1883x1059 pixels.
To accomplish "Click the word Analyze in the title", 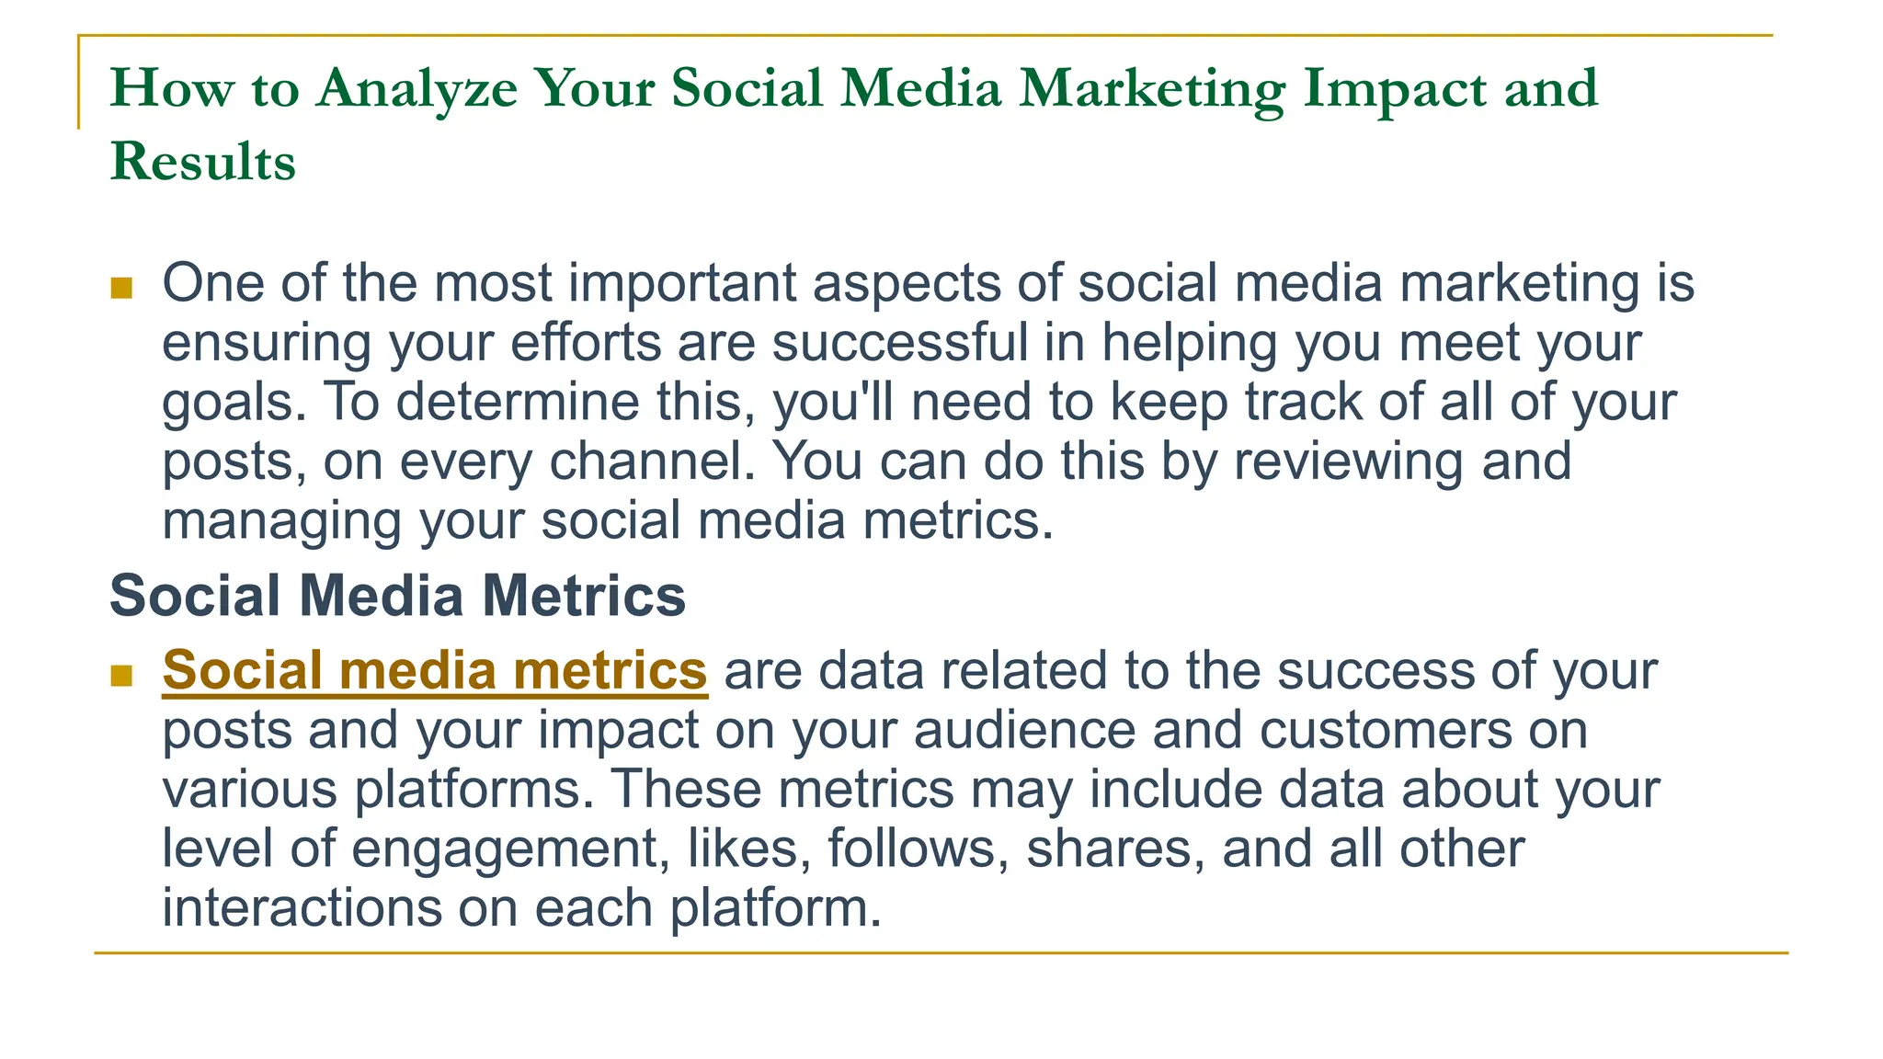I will (x=417, y=89).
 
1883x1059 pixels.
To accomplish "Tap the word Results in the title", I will (x=203, y=162).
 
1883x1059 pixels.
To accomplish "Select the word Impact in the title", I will (x=1395, y=89).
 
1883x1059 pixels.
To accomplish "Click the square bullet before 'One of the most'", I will (x=121, y=289).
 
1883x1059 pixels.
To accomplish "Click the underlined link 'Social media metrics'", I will (x=434, y=670).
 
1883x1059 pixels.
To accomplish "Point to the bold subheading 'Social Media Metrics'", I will (x=397, y=596).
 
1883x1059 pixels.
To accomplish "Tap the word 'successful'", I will (x=899, y=342).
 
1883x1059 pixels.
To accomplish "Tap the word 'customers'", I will (x=1386, y=731).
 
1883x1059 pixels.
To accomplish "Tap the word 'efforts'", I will (x=586, y=342).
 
